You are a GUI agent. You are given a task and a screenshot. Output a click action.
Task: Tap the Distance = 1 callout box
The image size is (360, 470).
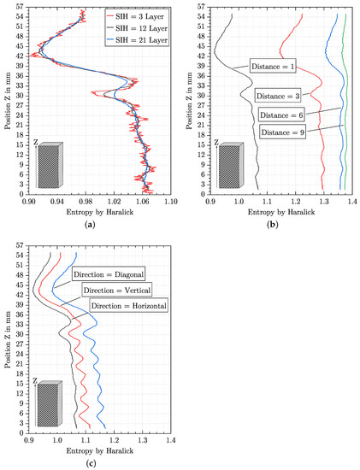273,65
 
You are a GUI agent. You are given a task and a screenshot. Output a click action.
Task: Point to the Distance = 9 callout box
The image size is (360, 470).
281,132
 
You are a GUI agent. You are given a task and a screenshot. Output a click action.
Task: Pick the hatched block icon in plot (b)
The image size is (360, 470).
230,166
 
